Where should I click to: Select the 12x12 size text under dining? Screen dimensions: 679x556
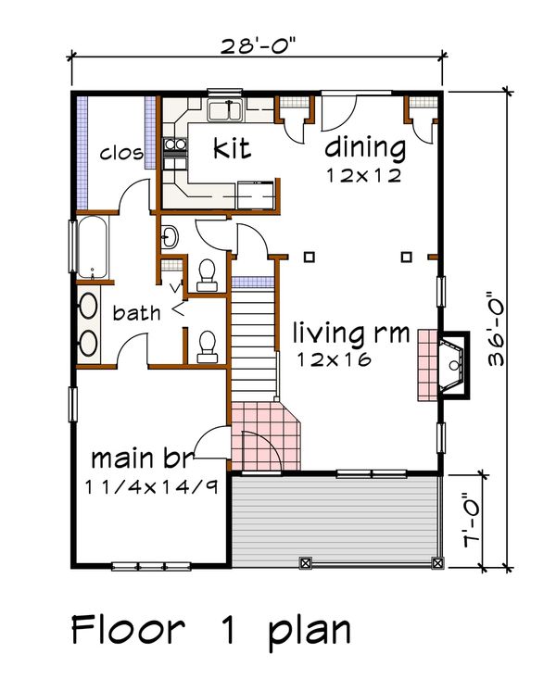tap(363, 174)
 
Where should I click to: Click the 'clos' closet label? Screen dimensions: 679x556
tap(121, 152)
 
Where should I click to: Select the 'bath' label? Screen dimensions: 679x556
tap(136, 313)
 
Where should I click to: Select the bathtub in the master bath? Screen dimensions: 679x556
tap(93, 247)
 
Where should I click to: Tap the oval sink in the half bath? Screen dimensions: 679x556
tap(170, 237)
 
